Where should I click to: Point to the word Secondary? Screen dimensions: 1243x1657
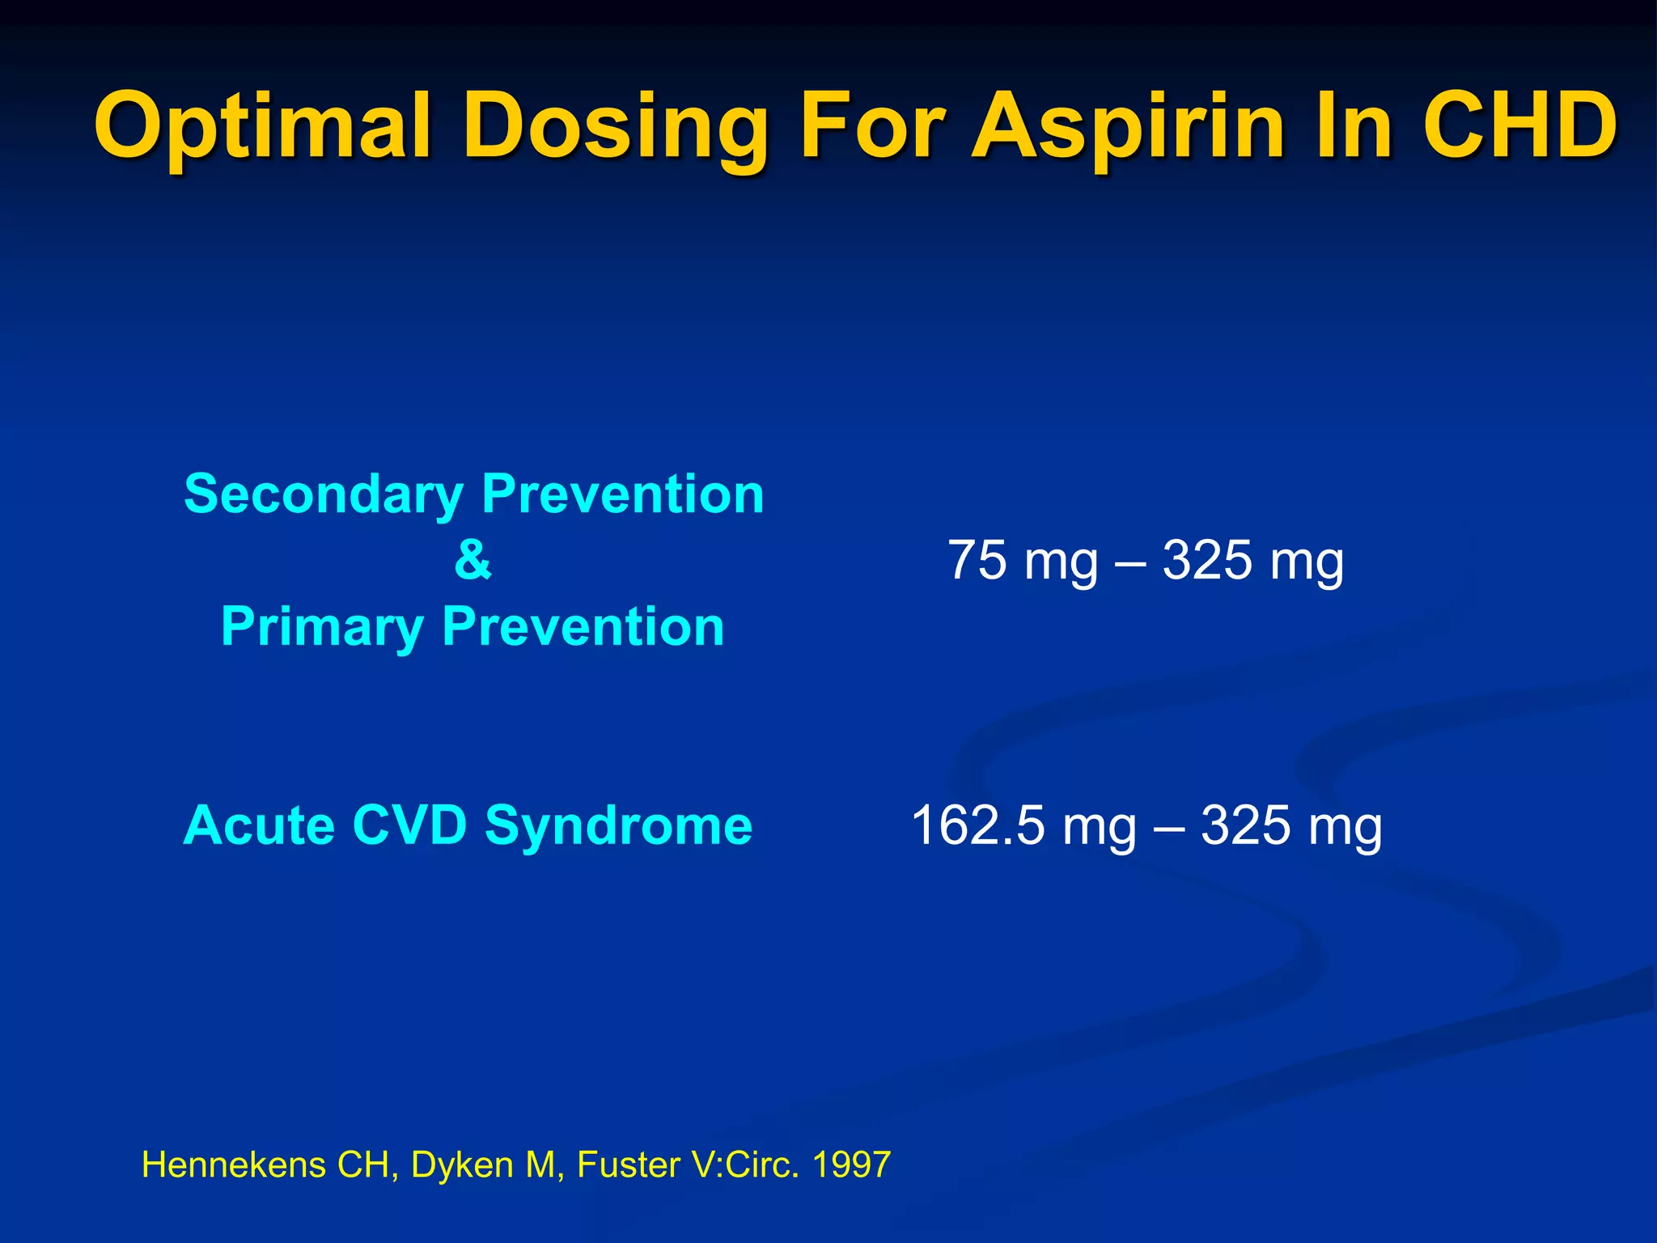pos(324,495)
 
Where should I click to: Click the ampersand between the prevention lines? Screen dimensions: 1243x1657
pos(473,560)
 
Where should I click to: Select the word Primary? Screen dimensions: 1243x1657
pos(322,628)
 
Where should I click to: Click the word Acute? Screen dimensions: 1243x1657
pos(259,825)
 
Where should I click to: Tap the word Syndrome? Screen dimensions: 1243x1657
pos(619,827)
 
